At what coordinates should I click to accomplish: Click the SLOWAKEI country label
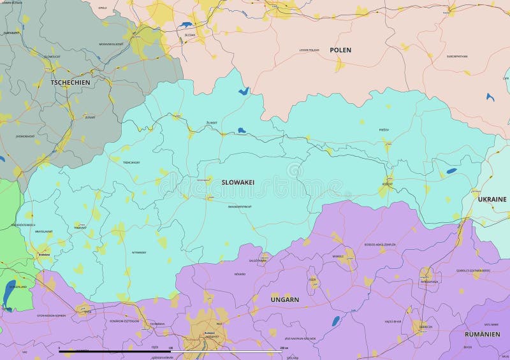[x=238, y=182]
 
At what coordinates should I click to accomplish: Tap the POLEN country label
[x=340, y=50]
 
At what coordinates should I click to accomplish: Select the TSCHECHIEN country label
[x=71, y=82]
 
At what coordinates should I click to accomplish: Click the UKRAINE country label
[x=492, y=199]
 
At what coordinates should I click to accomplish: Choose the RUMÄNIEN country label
[x=482, y=333]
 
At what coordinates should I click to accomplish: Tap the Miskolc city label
[x=338, y=257]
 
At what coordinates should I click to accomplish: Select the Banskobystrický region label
[x=240, y=207]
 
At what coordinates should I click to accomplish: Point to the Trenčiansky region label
[x=131, y=162]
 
